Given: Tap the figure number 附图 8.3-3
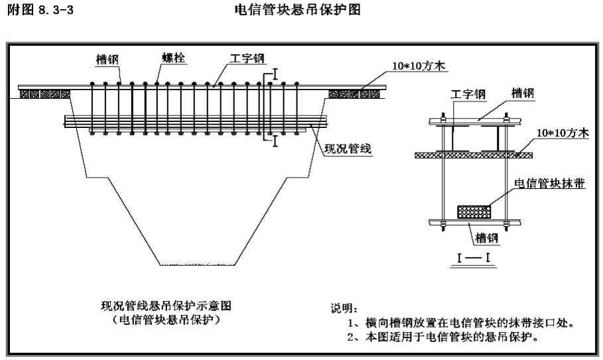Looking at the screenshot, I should [39, 11].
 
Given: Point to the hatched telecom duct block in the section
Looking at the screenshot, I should [474, 210].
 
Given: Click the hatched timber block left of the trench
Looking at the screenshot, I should [44, 94].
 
